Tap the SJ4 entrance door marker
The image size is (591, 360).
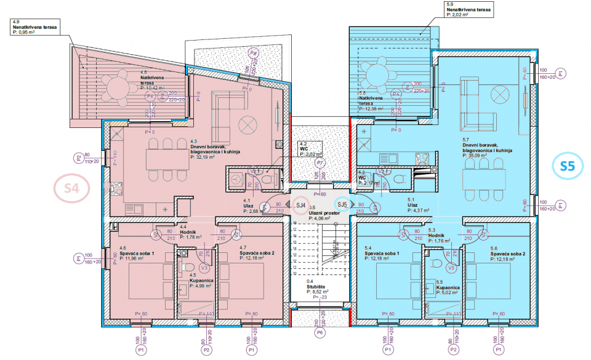point(301,205)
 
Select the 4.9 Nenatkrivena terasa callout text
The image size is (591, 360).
point(33,28)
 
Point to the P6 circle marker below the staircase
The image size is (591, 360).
point(319,333)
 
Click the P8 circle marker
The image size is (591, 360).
point(253,54)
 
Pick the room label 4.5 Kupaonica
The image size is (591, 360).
point(202,281)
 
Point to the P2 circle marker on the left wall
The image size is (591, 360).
point(79,158)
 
